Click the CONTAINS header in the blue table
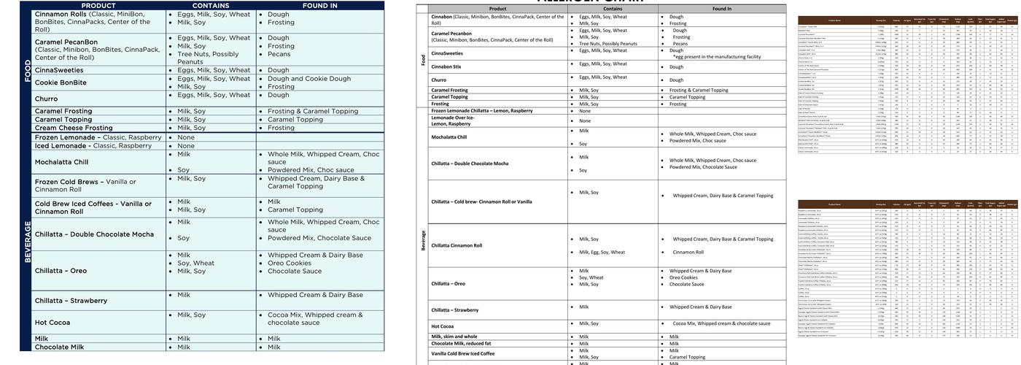click(210, 5)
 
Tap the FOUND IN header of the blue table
click(319, 5)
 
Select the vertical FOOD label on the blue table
click(28, 70)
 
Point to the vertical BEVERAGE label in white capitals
click(28, 242)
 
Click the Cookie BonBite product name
click(61, 82)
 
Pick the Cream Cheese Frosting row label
click(74, 128)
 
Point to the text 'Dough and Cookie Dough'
click(309, 79)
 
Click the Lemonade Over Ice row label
click(452, 120)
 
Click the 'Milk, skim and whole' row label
click(454, 337)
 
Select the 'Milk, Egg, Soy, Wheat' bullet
click(602, 253)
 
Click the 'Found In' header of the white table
click(722, 9)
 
